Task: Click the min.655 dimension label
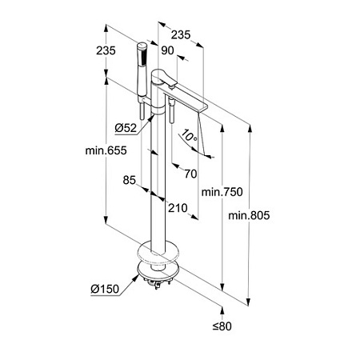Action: (106, 150)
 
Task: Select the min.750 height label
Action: (222, 192)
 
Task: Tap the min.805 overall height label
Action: (249, 215)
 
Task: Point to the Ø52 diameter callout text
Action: (126, 128)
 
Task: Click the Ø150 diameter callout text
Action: (105, 289)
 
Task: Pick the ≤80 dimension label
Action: (222, 326)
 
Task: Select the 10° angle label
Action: (189, 135)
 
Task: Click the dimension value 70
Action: (190, 174)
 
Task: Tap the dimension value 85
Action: (130, 180)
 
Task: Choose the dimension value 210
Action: (178, 208)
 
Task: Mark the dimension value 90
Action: (167, 50)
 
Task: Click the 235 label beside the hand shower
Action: (106, 50)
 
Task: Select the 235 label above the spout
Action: (181, 34)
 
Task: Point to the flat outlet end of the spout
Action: (202, 108)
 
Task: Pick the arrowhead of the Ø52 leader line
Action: (151, 117)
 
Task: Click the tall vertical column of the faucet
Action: (158, 182)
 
